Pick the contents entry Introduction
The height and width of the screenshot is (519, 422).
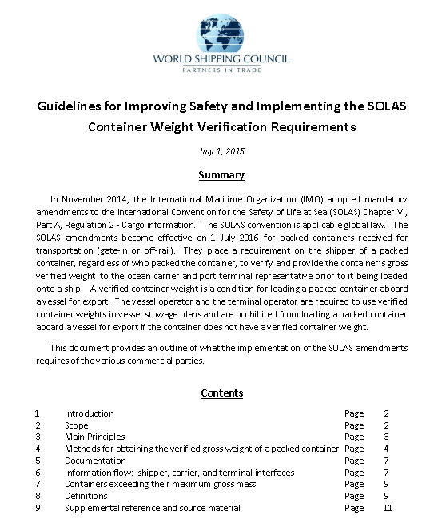tap(89, 413)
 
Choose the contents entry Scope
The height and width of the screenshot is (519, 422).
tap(77, 425)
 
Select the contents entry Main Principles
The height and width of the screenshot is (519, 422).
tap(94, 437)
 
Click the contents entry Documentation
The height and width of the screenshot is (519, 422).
tap(95, 461)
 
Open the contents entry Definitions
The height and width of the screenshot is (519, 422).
tap(86, 496)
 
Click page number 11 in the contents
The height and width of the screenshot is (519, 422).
tap(388, 508)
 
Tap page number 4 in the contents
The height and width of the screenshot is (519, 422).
tap(386, 449)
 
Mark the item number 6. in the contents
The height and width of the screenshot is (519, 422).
tap(38, 473)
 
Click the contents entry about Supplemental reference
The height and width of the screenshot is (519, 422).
tap(152, 508)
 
